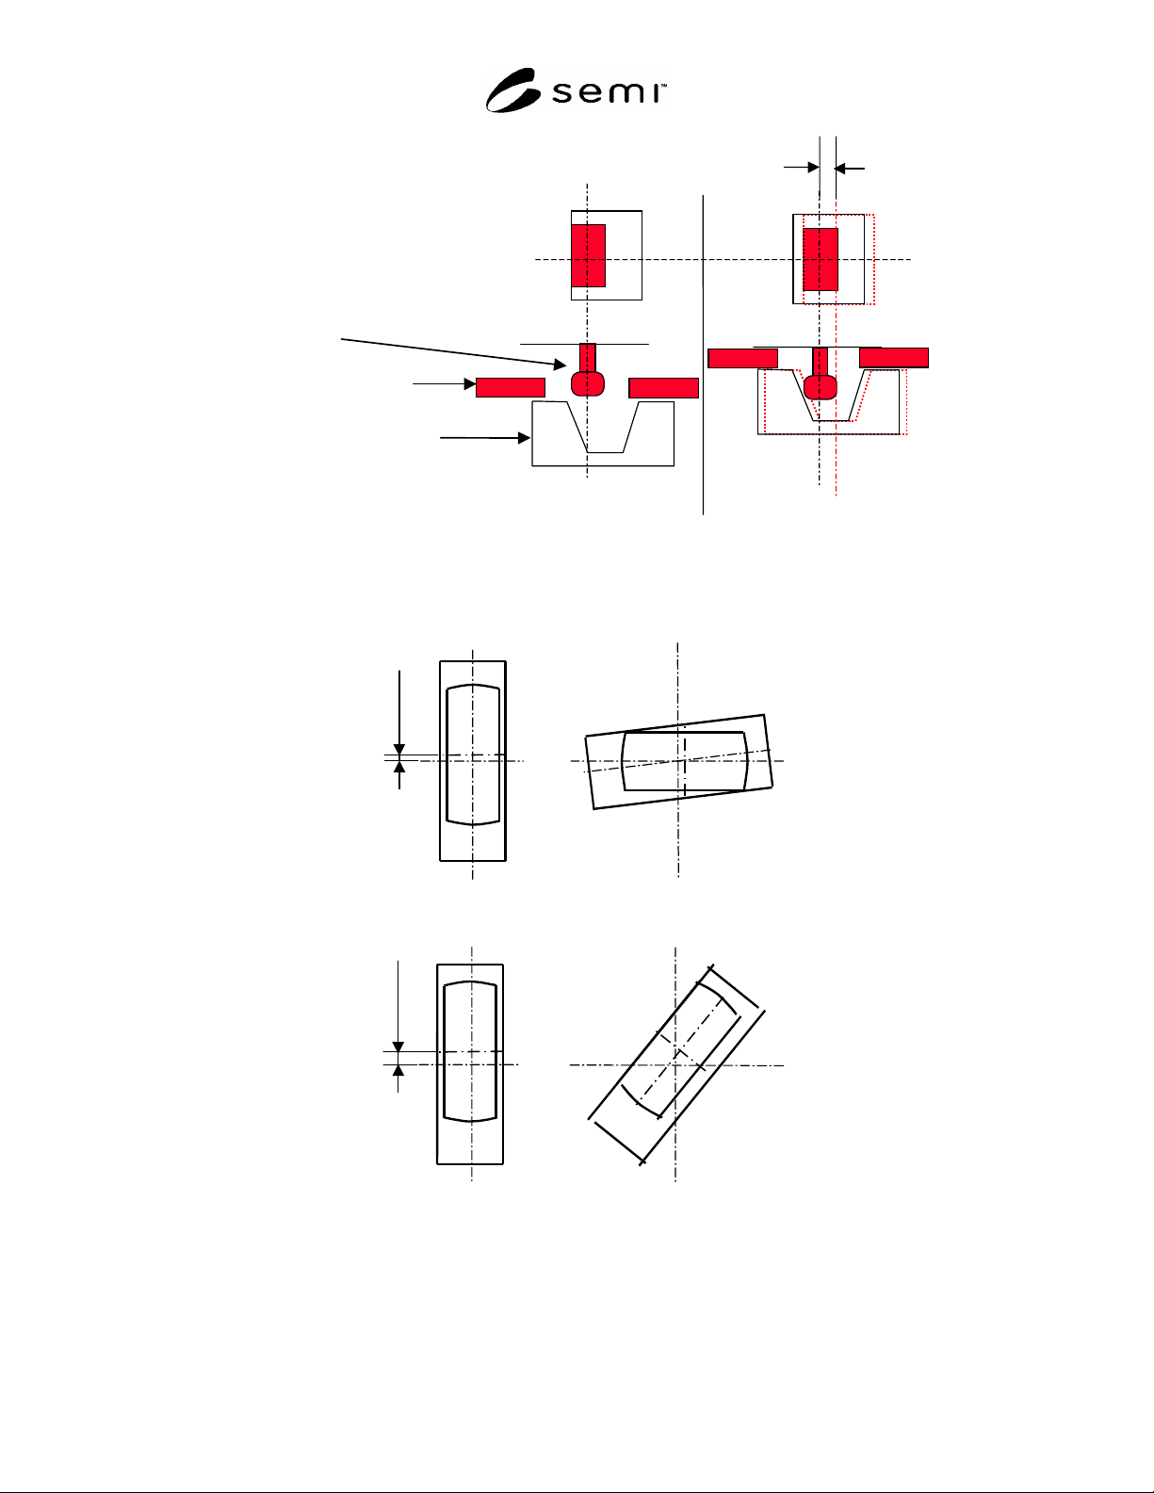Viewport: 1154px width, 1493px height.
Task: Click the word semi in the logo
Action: click(x=608, y=92)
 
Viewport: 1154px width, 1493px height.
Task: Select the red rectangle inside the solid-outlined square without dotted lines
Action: click(x=588, y=255)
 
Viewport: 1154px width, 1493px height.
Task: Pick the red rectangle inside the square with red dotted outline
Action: click(x=821, y=260)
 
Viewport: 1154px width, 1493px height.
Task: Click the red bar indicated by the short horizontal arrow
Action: click(x=511, y=387)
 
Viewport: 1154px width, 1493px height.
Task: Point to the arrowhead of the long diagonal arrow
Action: click(x=560, y=365)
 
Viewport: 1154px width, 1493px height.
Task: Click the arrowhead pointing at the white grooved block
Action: click(x=524, y=438)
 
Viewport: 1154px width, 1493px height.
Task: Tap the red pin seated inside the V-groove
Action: click(x=821, y=374)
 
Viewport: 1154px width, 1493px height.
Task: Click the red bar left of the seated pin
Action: click(x=742, y=358)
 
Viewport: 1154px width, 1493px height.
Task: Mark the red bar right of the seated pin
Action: click(x=894, y=358)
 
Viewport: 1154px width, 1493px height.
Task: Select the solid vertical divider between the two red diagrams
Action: click(x=704, y=354)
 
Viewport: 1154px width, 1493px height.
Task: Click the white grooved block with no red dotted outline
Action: click(x=603, y=433)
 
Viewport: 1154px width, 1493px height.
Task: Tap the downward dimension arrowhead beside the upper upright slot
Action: click(x=399, y=750)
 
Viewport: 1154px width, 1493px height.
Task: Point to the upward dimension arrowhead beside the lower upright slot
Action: click(x=398, y=1070)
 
